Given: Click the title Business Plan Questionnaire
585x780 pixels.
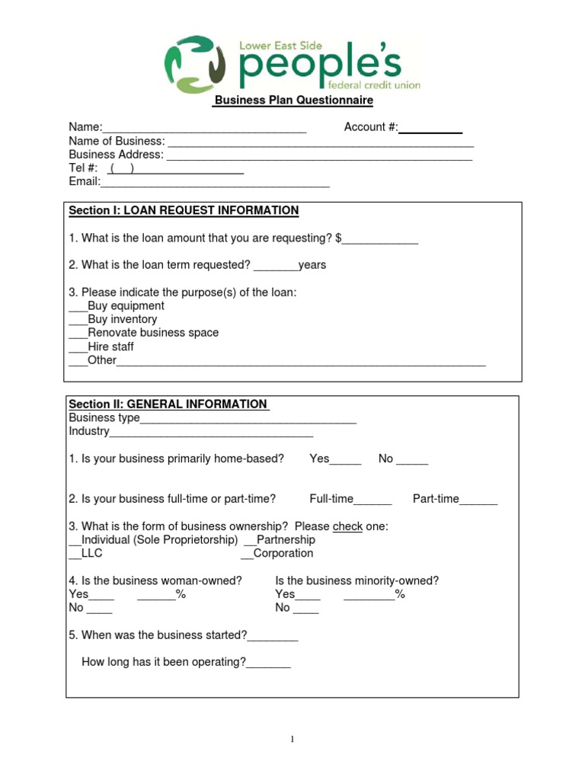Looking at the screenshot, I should (x=294, y=101).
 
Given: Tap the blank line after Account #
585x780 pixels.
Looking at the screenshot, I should (x=430, y=128).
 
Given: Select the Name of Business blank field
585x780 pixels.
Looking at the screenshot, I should (x=320, y=142).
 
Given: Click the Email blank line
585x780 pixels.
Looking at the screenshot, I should (x=215, y=183).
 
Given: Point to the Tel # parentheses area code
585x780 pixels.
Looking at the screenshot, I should (x=123, y=168).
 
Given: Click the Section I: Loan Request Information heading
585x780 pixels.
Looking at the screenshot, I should (x=184, y=210).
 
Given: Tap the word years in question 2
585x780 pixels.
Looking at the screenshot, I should (x=312, y=265).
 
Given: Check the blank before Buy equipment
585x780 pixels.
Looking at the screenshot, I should (x=78, y=306).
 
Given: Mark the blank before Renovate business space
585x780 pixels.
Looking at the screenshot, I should (x=78, y=334).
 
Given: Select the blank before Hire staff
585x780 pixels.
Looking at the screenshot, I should (x=78, y=347).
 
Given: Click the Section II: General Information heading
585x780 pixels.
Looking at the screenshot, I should (x=168, y=404).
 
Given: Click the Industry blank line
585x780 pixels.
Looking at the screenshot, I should (x=211, y=433).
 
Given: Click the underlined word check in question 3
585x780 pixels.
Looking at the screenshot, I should (x=347, y=526).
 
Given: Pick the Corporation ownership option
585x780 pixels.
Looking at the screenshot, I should (x=282, y=553).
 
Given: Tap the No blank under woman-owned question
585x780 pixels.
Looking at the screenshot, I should (x=99, y=609).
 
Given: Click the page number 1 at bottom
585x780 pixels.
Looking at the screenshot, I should (x=292, y=739).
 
